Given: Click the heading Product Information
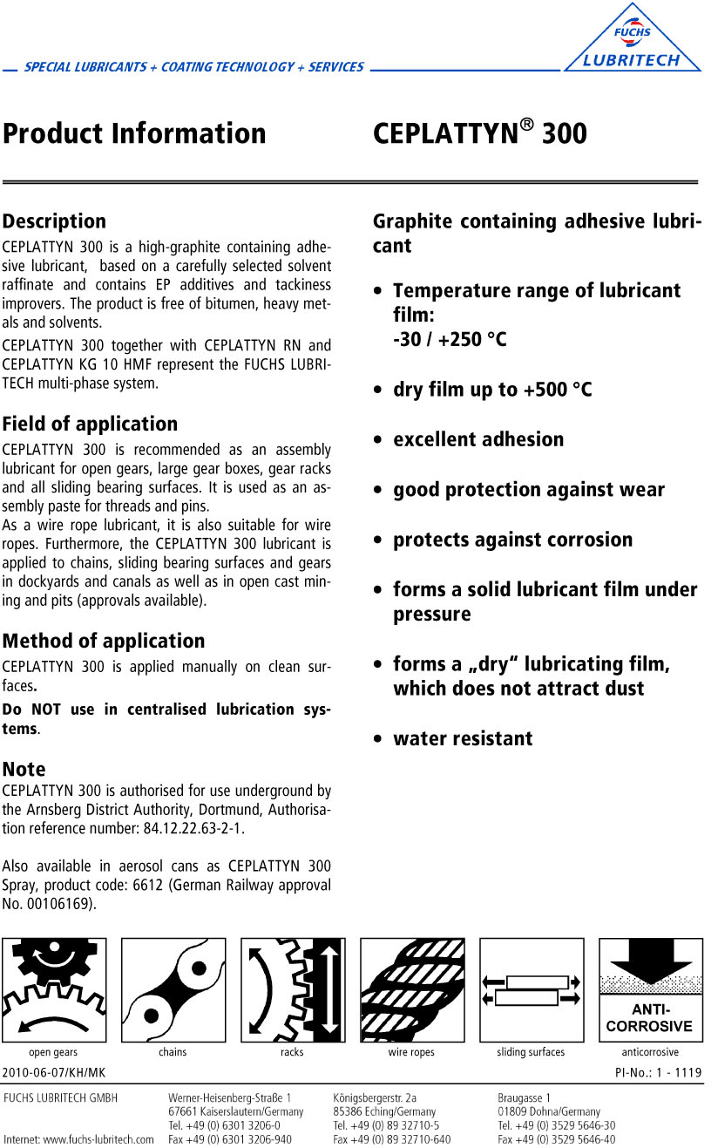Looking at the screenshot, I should [134, 133].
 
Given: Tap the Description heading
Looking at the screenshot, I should [54, 221].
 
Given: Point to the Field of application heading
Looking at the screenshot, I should [90, 425].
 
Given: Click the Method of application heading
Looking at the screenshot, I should [104, 642].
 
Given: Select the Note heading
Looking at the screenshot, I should [24, 770].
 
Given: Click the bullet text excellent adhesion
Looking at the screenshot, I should [478, 439].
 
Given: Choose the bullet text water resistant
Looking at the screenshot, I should [463, 738].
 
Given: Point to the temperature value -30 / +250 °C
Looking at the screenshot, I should [450, 339].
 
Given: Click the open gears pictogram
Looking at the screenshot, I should [54, 989].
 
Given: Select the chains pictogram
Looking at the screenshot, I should [173, 989].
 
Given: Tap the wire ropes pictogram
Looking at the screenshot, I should [412, 989].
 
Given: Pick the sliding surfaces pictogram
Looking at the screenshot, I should [532, 989].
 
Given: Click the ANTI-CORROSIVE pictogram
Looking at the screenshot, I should [650, 989].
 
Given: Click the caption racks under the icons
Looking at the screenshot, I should [292, 1052].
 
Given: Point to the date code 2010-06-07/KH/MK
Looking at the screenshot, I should [54, 1072].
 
